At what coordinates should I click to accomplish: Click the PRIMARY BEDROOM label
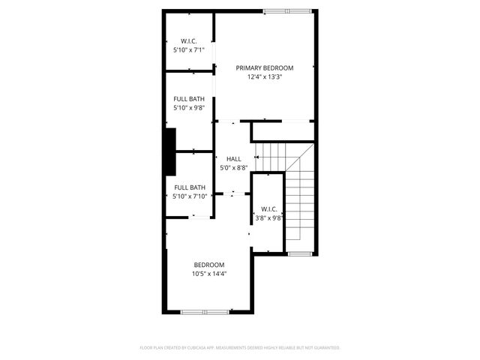[x=265, y=68]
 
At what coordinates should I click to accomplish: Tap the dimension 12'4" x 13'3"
[x=265, y=76]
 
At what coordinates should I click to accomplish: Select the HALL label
[x=233, y=159]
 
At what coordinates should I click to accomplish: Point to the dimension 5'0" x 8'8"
[x=233, y=168]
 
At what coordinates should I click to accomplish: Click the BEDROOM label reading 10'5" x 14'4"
[x=209, y=265]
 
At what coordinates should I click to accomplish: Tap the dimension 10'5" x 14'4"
[x=209, y=274]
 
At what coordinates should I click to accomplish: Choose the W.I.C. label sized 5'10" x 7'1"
[x=188, y=40]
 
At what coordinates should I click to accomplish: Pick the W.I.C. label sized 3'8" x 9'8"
[x=268, y=209]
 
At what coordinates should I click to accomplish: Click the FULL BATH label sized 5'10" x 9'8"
[x=189, y=99]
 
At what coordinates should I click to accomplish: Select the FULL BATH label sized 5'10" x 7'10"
[x=189, y=187]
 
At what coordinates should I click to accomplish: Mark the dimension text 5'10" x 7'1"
[x=188, y=49]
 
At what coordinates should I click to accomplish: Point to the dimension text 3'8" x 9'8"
[x=268, y=217]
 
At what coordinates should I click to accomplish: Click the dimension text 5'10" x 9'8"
[x=189, y=108]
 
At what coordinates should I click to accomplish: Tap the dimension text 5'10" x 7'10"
[x=189, y=196]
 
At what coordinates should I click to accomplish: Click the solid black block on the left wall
[x=169, y=140]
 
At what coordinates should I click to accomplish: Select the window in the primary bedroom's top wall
[x=285, y=11]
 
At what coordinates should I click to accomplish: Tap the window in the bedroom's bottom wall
[x=205, y=311]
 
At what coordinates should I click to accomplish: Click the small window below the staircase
[x=300, y=254]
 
